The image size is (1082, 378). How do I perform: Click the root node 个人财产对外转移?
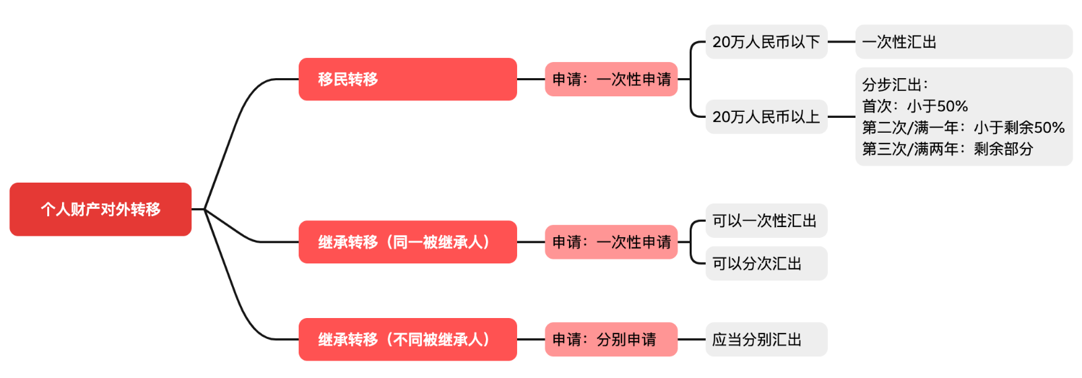click(100, 209)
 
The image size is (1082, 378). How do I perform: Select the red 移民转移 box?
click(407, 79)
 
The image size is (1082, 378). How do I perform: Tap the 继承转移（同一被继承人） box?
click(407, 242)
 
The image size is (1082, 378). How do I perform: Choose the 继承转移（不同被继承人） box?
click(407, 339)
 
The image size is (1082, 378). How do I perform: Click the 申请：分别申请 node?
click(610, 339)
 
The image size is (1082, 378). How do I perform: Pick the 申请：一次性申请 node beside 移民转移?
click(610, 79)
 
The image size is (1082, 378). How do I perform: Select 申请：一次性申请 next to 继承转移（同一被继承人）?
click(610, 242)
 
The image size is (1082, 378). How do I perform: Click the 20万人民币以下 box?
click(766, 42)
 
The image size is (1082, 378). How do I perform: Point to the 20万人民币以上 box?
click(766, 117)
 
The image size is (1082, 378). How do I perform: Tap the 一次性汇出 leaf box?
click(963, 42)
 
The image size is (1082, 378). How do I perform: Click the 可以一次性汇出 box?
click(766, 220)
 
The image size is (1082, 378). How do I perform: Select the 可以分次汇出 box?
click(766, 263)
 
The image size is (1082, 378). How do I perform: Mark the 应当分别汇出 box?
click(766, 339)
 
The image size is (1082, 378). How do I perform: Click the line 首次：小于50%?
click(915, 106)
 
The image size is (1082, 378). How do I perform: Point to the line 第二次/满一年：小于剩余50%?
click(963, 127)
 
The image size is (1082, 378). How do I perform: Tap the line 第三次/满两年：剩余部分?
click(947, 149)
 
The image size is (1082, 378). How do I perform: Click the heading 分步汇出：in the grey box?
click(895, 85)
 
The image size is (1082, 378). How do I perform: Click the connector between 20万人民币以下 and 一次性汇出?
click(841, 42)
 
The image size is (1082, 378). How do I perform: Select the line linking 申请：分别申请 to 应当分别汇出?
click(691, 339)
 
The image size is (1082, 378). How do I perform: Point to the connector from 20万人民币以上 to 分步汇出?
click(841, 117)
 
